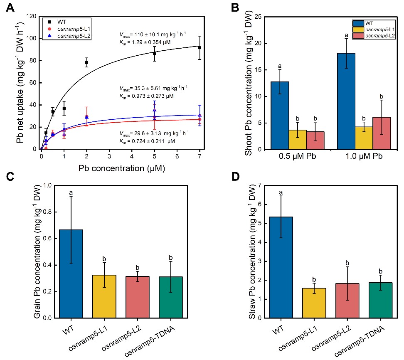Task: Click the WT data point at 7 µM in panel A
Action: pyautogui.click(x=200, y=47)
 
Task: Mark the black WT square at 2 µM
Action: pyautogui.click(x=86, y=62)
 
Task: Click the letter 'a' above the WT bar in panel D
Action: pyautogui.click(x=282, y=192)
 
